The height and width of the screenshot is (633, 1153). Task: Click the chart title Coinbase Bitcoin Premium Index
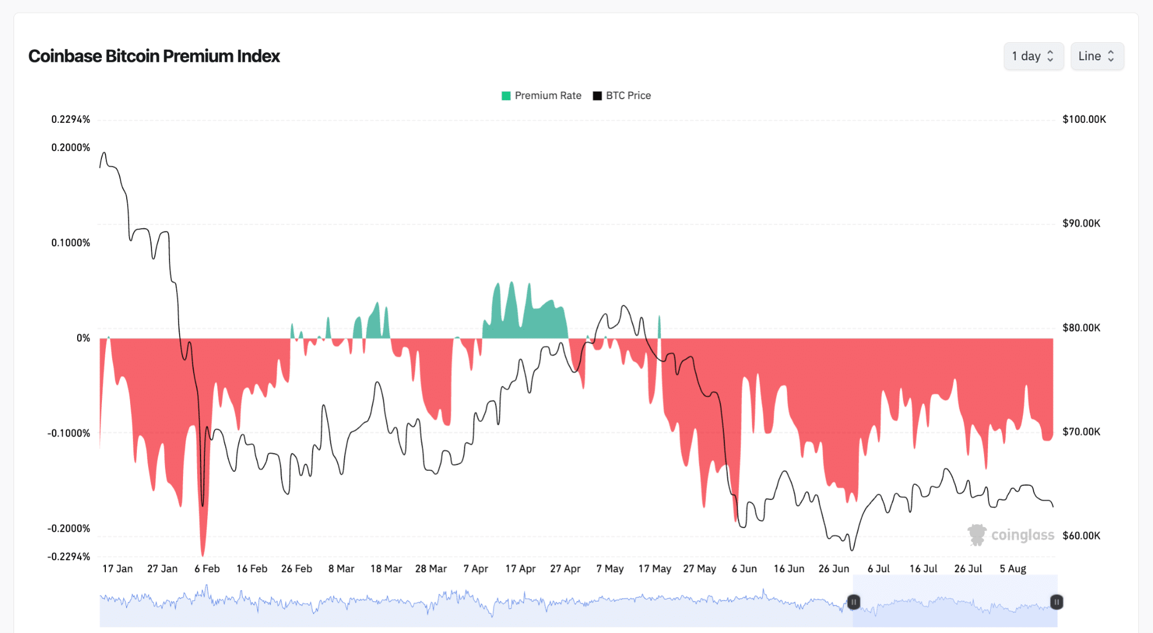point(154,56)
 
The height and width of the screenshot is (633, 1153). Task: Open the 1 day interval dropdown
point(1034,56)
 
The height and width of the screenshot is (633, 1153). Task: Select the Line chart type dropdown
point(1097,56)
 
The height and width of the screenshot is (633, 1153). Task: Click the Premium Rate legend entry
point(542,96)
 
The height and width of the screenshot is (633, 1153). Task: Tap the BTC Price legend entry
point(622,96)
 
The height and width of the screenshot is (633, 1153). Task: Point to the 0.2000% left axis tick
point(70,148)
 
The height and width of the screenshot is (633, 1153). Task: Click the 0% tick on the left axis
point(83,338)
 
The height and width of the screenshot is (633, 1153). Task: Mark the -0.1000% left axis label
point(69,433)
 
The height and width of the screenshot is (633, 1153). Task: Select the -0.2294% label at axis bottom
point(69,556)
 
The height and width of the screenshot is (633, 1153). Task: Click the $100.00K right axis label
point(1084,119)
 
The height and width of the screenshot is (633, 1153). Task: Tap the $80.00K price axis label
point(1082,328)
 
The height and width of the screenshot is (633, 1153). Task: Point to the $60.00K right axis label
point(1082,536)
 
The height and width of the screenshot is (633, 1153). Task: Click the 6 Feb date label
point(207,569)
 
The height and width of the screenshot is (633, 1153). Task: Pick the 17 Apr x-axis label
point(520,569)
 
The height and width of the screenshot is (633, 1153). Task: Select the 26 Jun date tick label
point(834,569)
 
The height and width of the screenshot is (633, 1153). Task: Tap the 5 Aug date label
point(1013,569)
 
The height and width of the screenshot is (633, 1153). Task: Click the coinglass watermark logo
point(1011,535)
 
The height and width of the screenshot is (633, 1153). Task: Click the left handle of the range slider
point(853,602)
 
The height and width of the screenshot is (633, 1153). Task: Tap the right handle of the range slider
point(1057,602)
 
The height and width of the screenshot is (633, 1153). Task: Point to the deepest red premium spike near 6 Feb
point(203,555)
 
